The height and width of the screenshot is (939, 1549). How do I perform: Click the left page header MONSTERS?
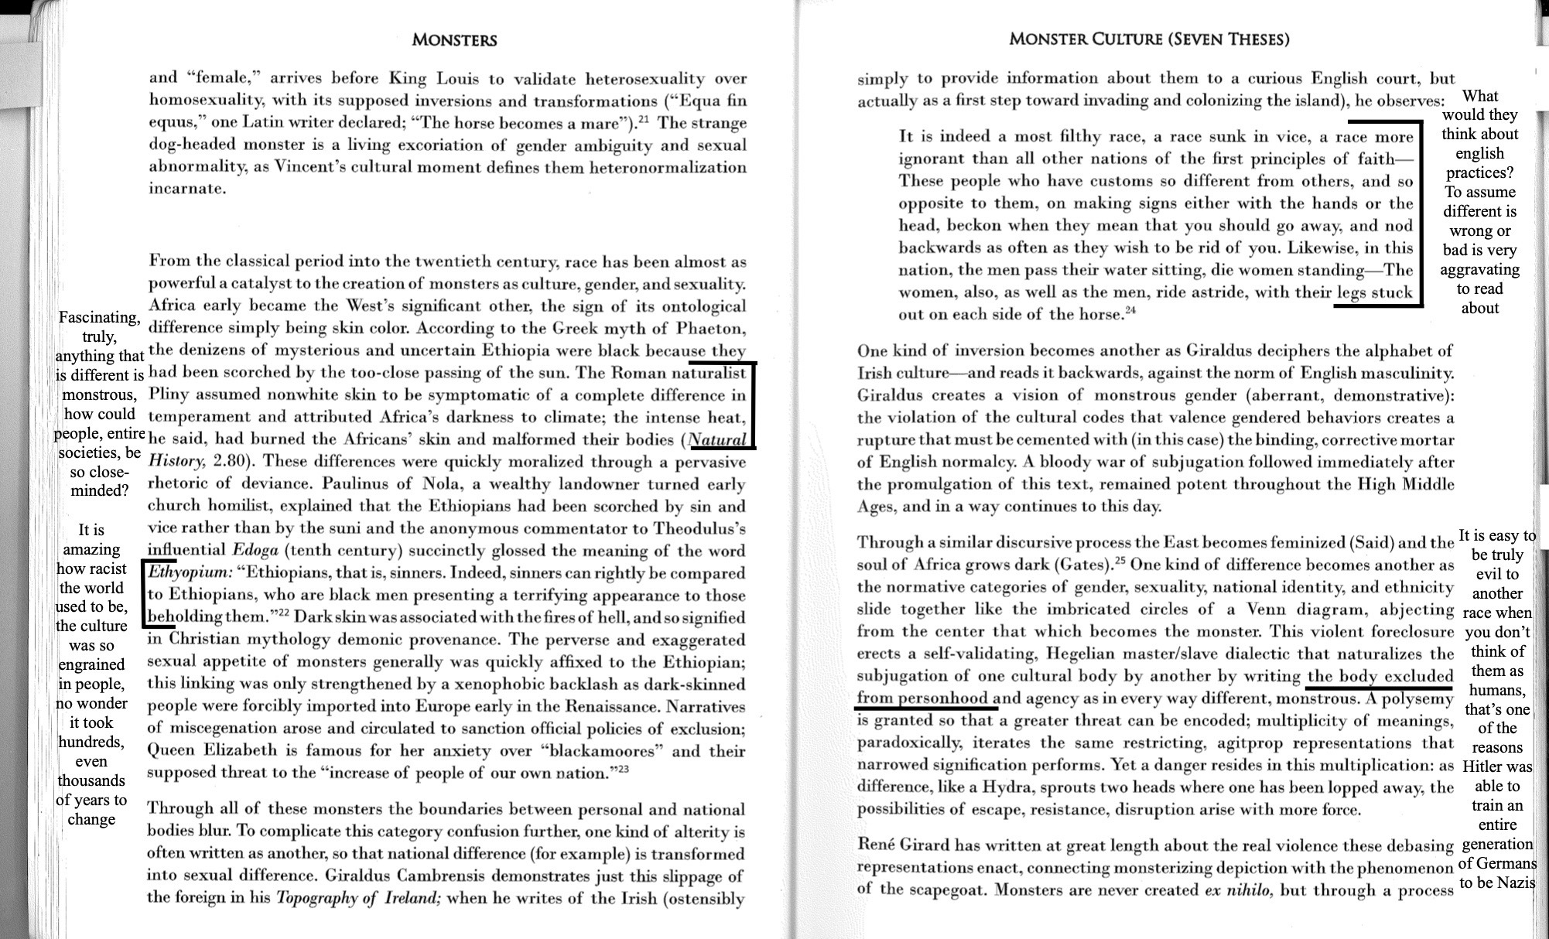pyautogui.click(x=454, y=40)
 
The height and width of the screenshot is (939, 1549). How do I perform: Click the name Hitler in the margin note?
pyautogui.click(x=1497, y=767)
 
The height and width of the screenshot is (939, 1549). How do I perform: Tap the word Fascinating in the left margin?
pyautogui.click(x=99, y=318)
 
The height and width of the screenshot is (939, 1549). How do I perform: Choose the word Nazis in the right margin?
pyautogui.click(x=1516, y=883)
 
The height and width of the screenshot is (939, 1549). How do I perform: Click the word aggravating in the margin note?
pyautogui.click(x=1479, y=269)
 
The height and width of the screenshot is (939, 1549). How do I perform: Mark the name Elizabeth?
pyautogui.click(x=240, y=751)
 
